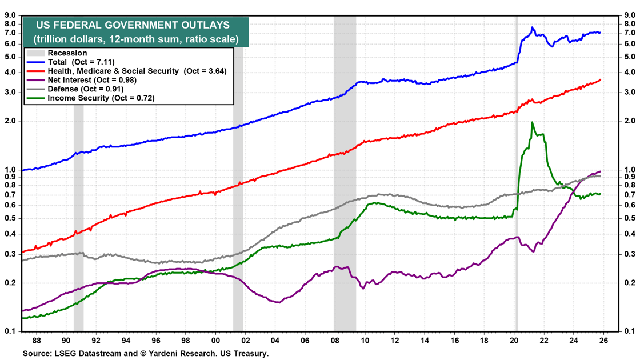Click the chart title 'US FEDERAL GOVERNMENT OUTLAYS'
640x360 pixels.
click(133, 25)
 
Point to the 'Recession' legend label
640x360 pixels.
click(67, 53)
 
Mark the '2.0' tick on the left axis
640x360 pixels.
click(12, 121)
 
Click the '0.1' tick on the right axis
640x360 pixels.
click(630, 331)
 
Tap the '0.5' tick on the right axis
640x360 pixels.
click(630, 218)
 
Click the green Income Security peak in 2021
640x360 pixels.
click(533, 122)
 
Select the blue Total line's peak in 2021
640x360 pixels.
click(533, 27)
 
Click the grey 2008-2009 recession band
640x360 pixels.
click(345, 171)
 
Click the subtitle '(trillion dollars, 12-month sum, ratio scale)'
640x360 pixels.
click(135, 39)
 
